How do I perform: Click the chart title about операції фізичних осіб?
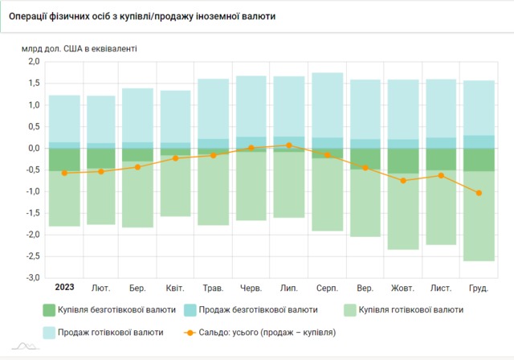(x=142, y=16)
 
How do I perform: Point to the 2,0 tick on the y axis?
(x=34, y=62)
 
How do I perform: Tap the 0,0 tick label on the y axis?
(x=34, y=149)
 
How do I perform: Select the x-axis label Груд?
(x=479, y=288)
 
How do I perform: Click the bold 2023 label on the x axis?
(x=64, y=288)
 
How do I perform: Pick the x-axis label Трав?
(x=214, y=288)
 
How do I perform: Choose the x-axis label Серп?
(x=327, y=288)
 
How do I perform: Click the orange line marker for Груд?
(x=479, y=193)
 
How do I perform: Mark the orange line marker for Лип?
(x=289, y=145)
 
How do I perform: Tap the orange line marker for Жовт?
(x=403, y=181)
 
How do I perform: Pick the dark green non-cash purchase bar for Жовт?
(x=403, y=161)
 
